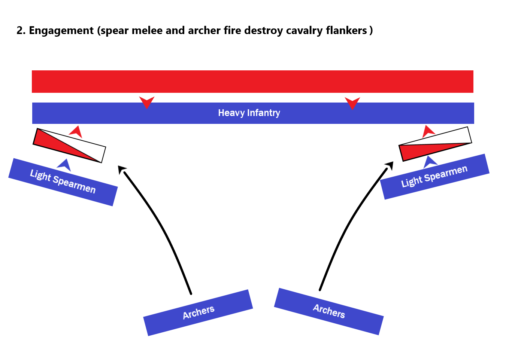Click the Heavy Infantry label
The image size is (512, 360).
point(249,113)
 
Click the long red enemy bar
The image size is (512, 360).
point(252,81)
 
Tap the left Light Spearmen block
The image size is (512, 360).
point(63,182)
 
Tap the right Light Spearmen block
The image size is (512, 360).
point(434,176)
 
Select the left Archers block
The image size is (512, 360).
point(198,312)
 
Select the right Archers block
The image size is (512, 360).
point(329,311)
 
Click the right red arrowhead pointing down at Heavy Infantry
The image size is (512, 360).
point(352,103)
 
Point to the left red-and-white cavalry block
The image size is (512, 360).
point(69,146)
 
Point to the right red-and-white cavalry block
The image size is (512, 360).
point(435,144)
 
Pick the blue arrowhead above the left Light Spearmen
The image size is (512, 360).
point(64,165)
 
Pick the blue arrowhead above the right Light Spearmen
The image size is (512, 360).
point(430,162)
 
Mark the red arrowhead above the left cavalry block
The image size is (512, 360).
point(76,132)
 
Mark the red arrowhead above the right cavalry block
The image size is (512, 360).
point(428,131)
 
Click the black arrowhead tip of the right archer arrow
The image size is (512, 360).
point(390,165)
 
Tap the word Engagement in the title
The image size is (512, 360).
point(61,31)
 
